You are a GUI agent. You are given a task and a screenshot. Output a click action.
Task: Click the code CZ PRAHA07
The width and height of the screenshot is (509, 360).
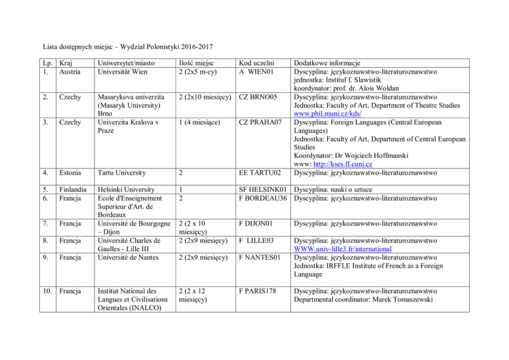click(261, 141)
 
